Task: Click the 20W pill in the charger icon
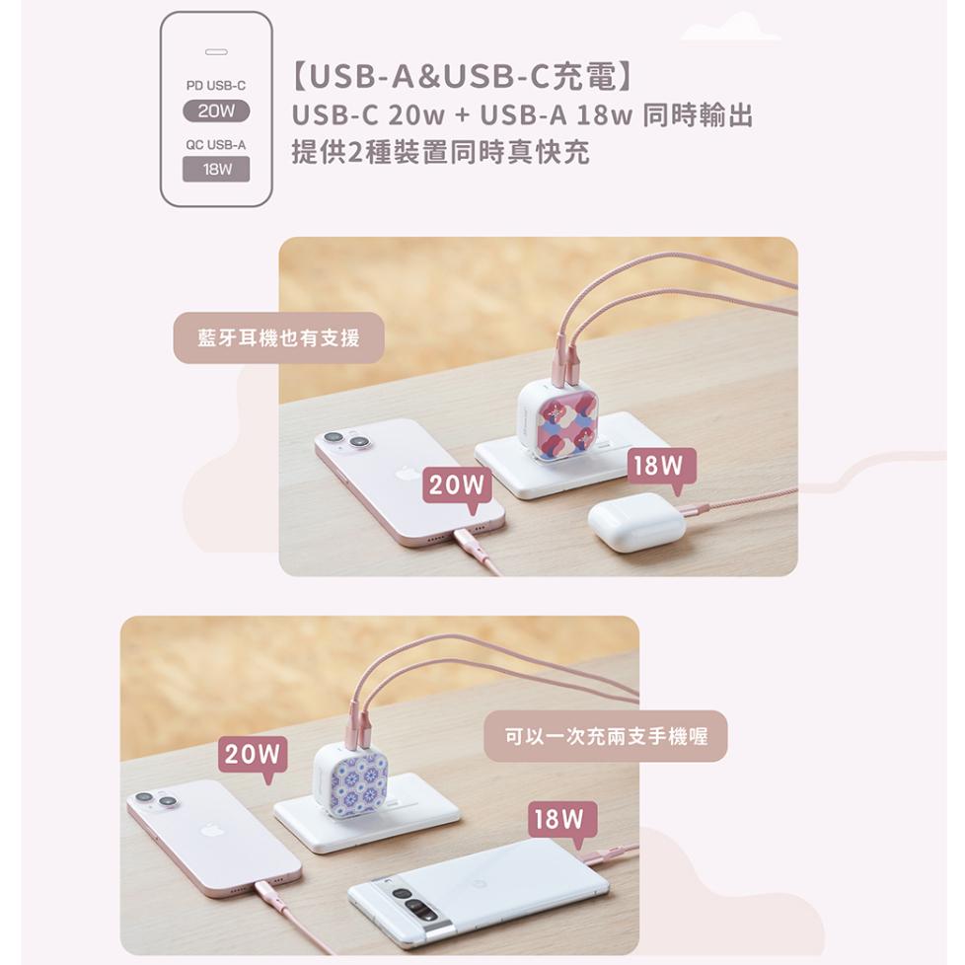coord(216,111)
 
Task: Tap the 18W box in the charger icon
coord(216,169)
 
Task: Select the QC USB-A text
coord(216,145)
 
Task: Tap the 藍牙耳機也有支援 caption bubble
coord(278,338)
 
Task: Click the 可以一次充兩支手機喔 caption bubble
coord(606,736)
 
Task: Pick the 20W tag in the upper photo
coord(458,485)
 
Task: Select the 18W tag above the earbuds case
coord(661,467)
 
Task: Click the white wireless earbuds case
coord(635,524)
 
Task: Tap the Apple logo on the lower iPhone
coord(212,830)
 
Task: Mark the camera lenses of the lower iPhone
coord(156,799)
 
